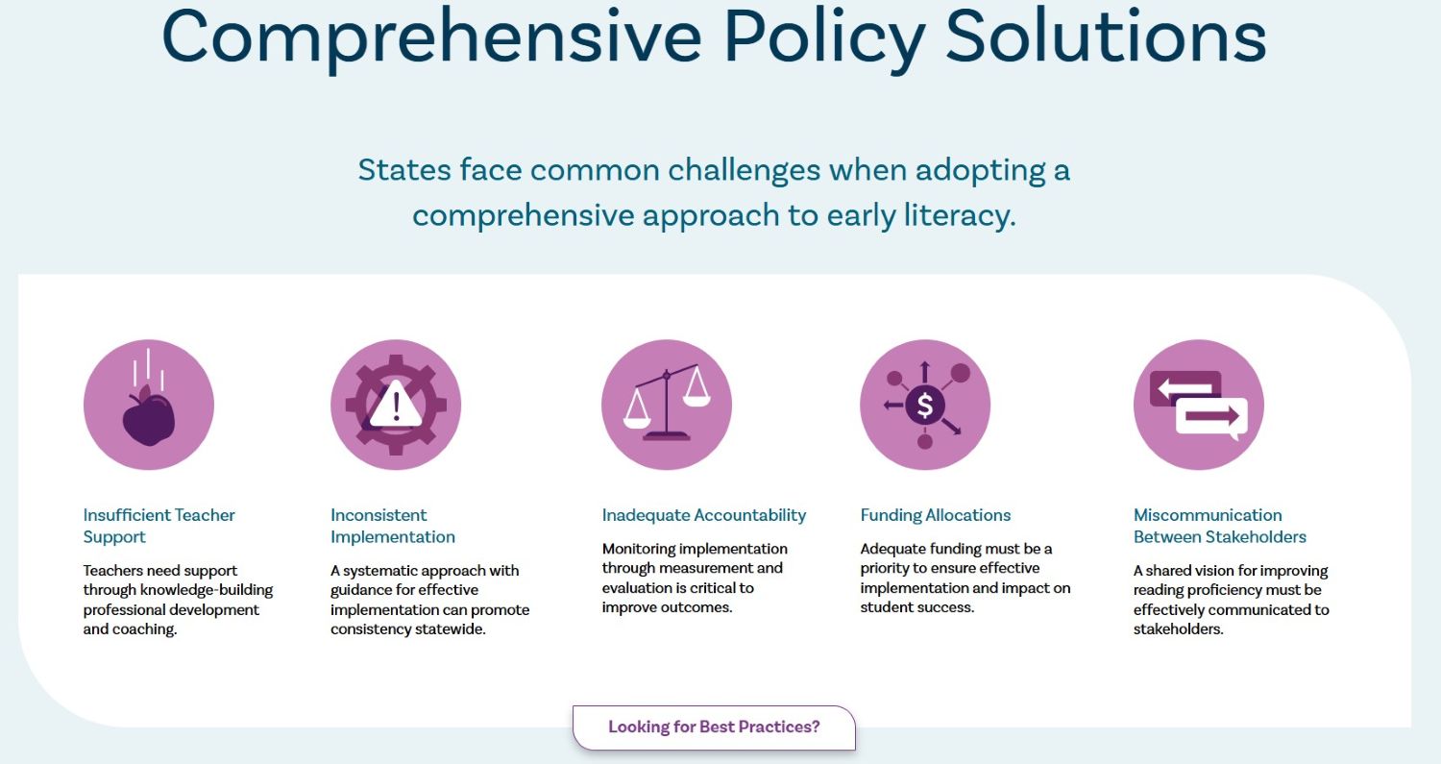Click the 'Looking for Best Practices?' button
pyautogui.click(x=714, y=727)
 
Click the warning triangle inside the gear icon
pyautogui.click(x=396, y=405)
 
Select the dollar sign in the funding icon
pyautogui.click(x=925, y=406)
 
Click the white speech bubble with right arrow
pyautogui.click(x=1211, y=417)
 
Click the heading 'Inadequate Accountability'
pyautogui.click(x=704, y=515)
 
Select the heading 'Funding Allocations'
pyautogui.click(x=936, y=515)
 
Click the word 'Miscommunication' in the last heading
pyautogui.click(x=1208, y=515)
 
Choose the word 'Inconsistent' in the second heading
pyautogui.click(x=379, y=515)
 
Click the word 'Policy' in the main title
pyautogui.click(x=824, y=37)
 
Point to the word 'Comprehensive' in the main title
pyautogui.click(x=431, y=37)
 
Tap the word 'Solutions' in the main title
pyautogui.click(x=1106, y=37)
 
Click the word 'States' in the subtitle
pyautogui.click(x=404, y=170)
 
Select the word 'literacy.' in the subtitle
pyautogui.click(x=960, y=215)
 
